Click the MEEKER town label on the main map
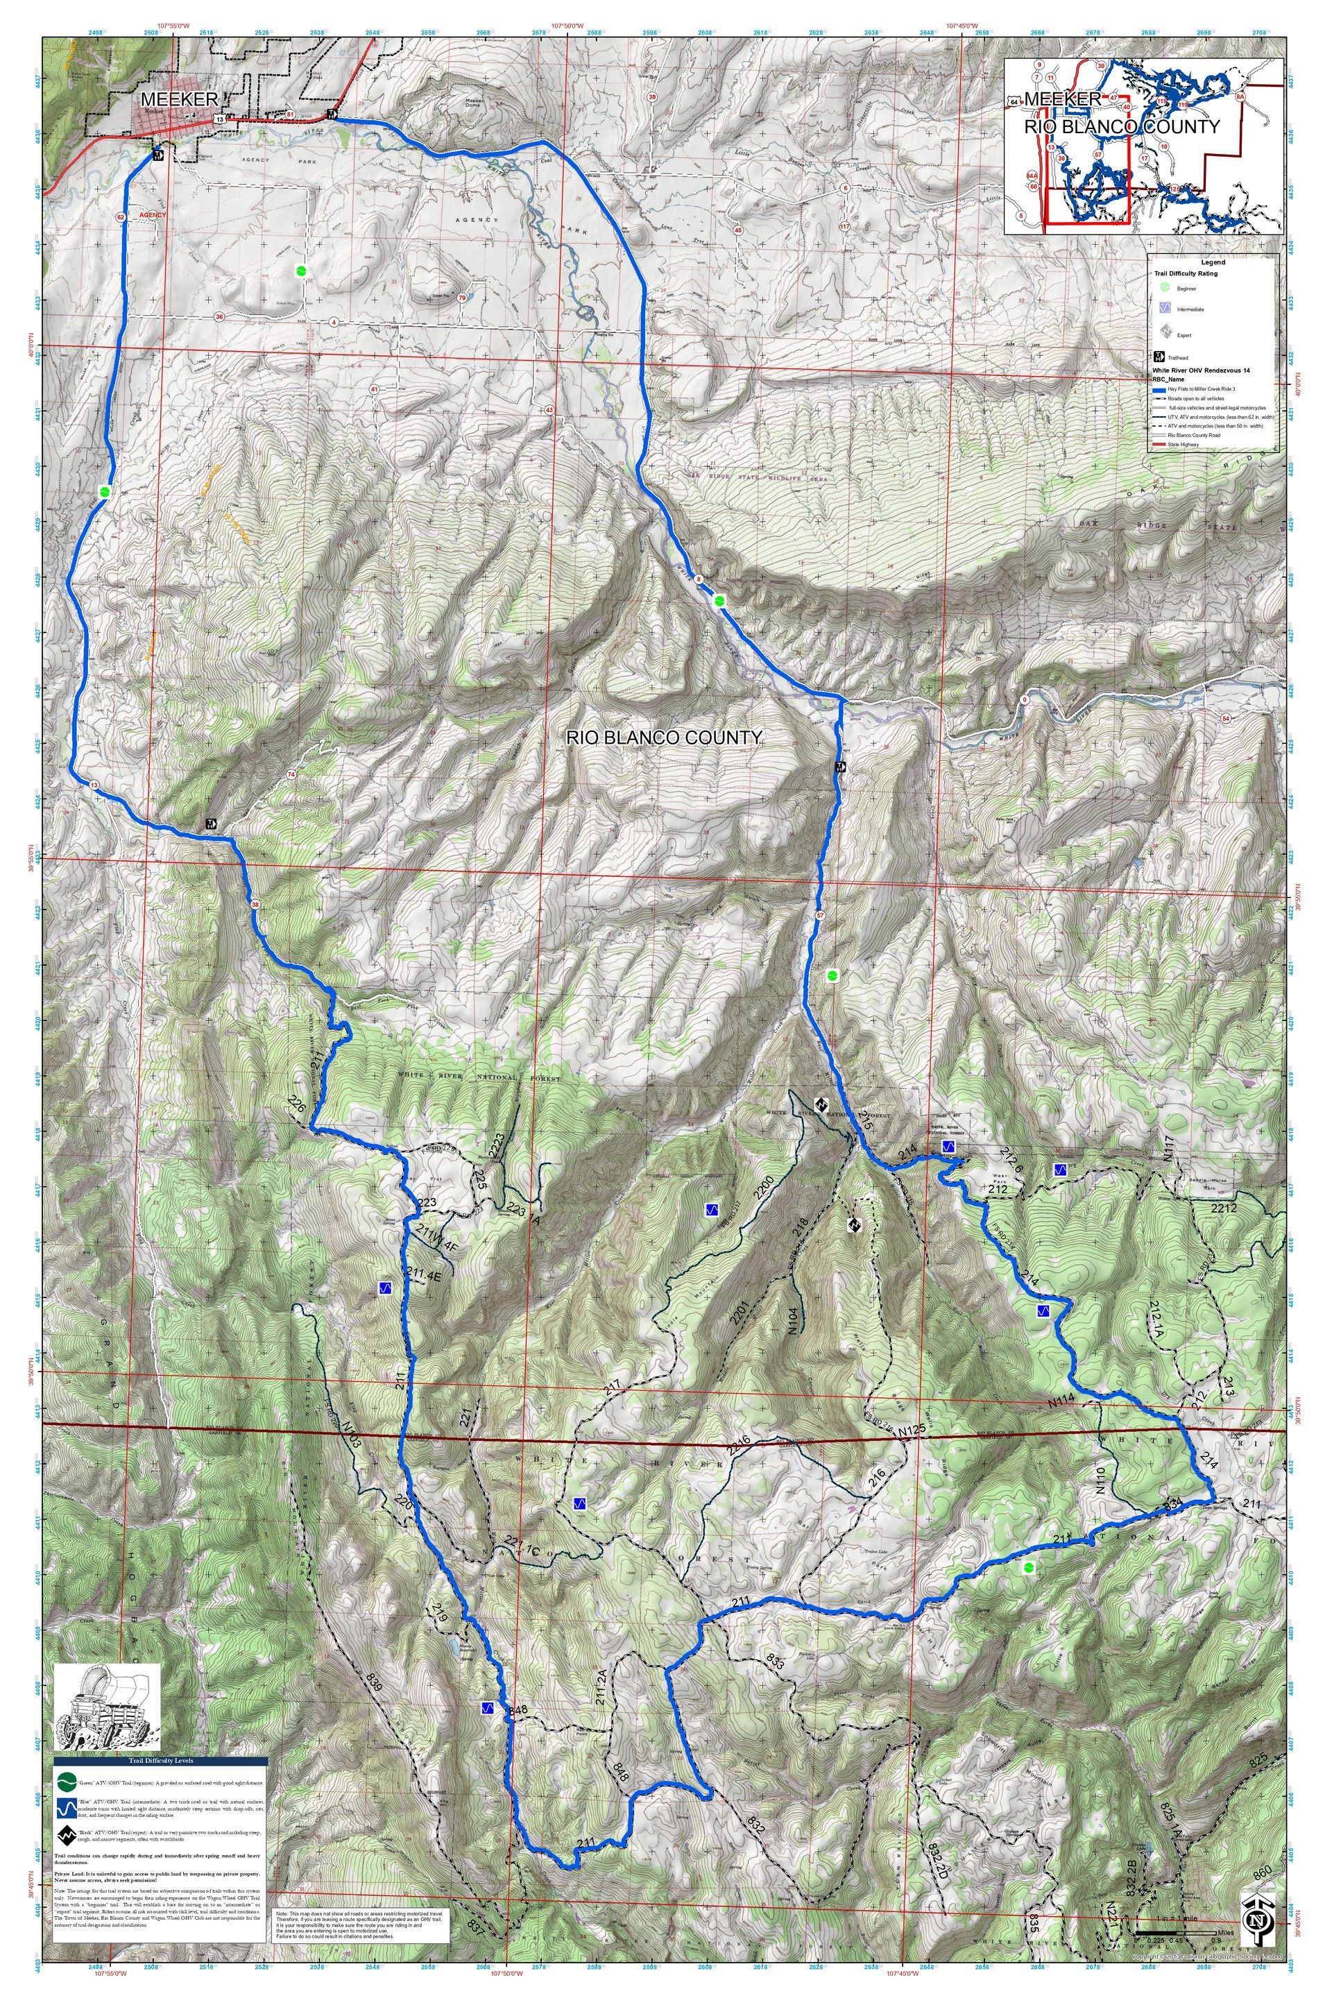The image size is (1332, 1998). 179,99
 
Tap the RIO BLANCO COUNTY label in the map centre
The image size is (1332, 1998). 663,737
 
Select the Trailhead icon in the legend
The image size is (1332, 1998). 1158,357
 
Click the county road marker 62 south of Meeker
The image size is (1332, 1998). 121,217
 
